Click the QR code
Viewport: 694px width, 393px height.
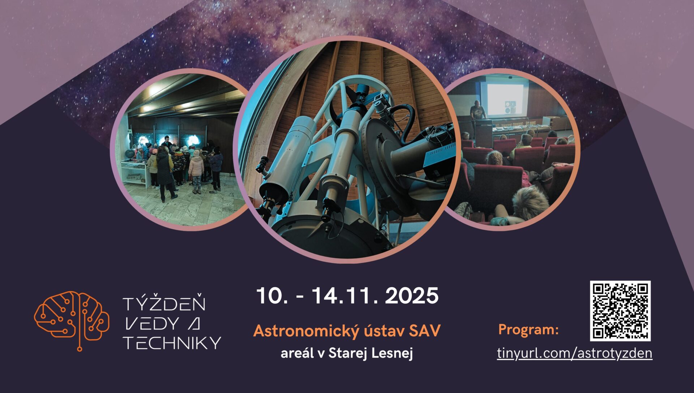click(620, 311)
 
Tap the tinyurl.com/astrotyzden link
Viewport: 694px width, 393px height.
click(574, 353)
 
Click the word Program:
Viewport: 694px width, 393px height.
click(528, 329)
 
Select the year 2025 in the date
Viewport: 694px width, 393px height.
click(412, 296)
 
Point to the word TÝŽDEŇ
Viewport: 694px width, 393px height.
click(164, 304)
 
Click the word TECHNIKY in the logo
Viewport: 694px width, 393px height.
click(172, 342)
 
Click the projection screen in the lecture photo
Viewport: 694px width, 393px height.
click(505, 100)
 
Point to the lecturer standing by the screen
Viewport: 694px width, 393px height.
click(477, 111)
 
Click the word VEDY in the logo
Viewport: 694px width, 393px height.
click(151, 324)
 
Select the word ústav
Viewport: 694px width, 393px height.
click(384, 331)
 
